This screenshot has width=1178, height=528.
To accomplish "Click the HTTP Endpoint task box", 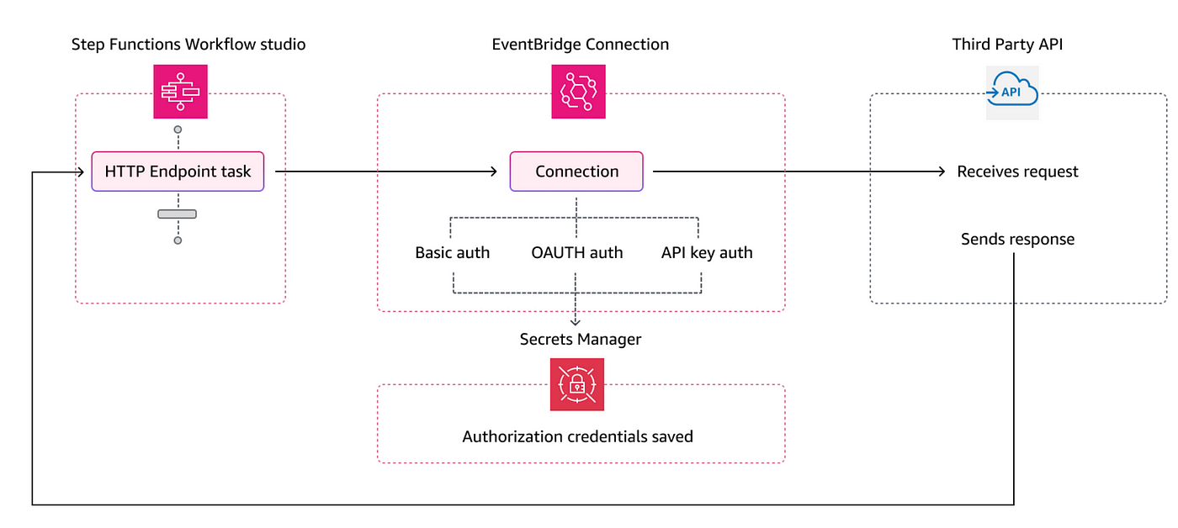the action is tap(178, 172).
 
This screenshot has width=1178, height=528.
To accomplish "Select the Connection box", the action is tap(576, 172).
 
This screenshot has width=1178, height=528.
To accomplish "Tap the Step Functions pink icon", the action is tap(180, 92).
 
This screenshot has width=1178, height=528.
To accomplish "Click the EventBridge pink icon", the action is tap(579, 92).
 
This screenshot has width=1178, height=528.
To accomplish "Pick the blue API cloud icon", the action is tap(1012, 92).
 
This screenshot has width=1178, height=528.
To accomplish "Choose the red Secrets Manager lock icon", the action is tap(577, 384).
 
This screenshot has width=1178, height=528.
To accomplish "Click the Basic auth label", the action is tap(453, 253).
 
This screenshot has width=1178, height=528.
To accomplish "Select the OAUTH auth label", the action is tap(577, 253).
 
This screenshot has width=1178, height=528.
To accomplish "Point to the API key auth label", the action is tap(707, 253).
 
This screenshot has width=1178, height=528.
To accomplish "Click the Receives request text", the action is tap(1017, 172).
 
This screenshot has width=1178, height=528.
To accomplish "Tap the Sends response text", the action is tap(1017, 239).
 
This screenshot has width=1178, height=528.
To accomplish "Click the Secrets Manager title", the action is tap(581, 340).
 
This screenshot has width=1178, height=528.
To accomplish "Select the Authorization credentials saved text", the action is tap(577, 436).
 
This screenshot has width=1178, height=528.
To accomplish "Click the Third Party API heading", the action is tap(1007, 44).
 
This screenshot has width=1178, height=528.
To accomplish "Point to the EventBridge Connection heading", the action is tap(580, 44).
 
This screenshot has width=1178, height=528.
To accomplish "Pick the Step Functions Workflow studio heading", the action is tap(188, 44).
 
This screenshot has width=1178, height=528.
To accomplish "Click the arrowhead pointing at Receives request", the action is tap(942, 172).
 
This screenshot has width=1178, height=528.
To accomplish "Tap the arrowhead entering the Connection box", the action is tap(493, 172).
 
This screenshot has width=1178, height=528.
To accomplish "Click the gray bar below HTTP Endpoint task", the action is tap(178, 214).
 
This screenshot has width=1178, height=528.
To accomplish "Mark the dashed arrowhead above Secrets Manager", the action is tap(576, 321).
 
